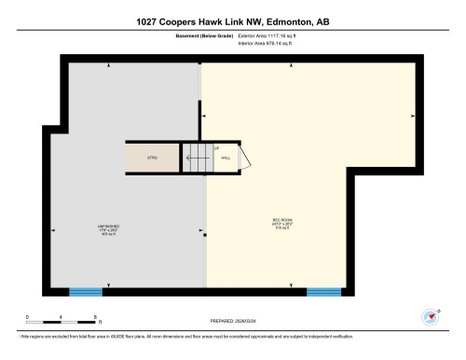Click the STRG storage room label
coord(151,159)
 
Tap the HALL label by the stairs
coord(226,159)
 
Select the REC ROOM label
coord(266,222)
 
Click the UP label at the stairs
coord(216,149)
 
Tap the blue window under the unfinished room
coord(86,292)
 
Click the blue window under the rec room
coord(323,292)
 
